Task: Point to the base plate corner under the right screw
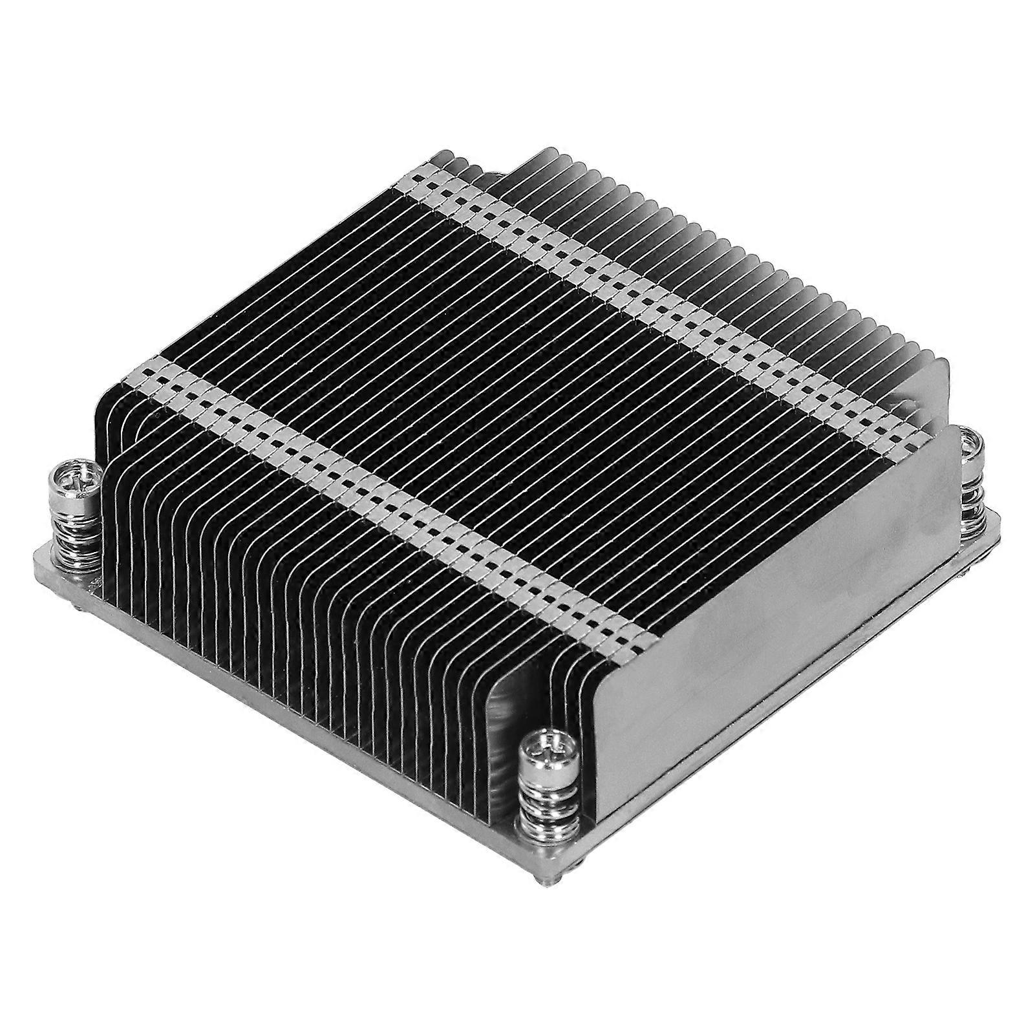996,517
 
